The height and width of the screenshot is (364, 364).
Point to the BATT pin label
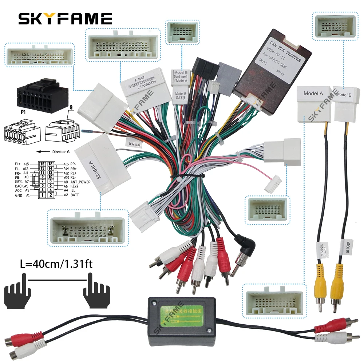point(74,195)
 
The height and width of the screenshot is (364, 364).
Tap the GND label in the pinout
point(19,195)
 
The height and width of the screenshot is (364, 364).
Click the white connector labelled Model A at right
point(314,103)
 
